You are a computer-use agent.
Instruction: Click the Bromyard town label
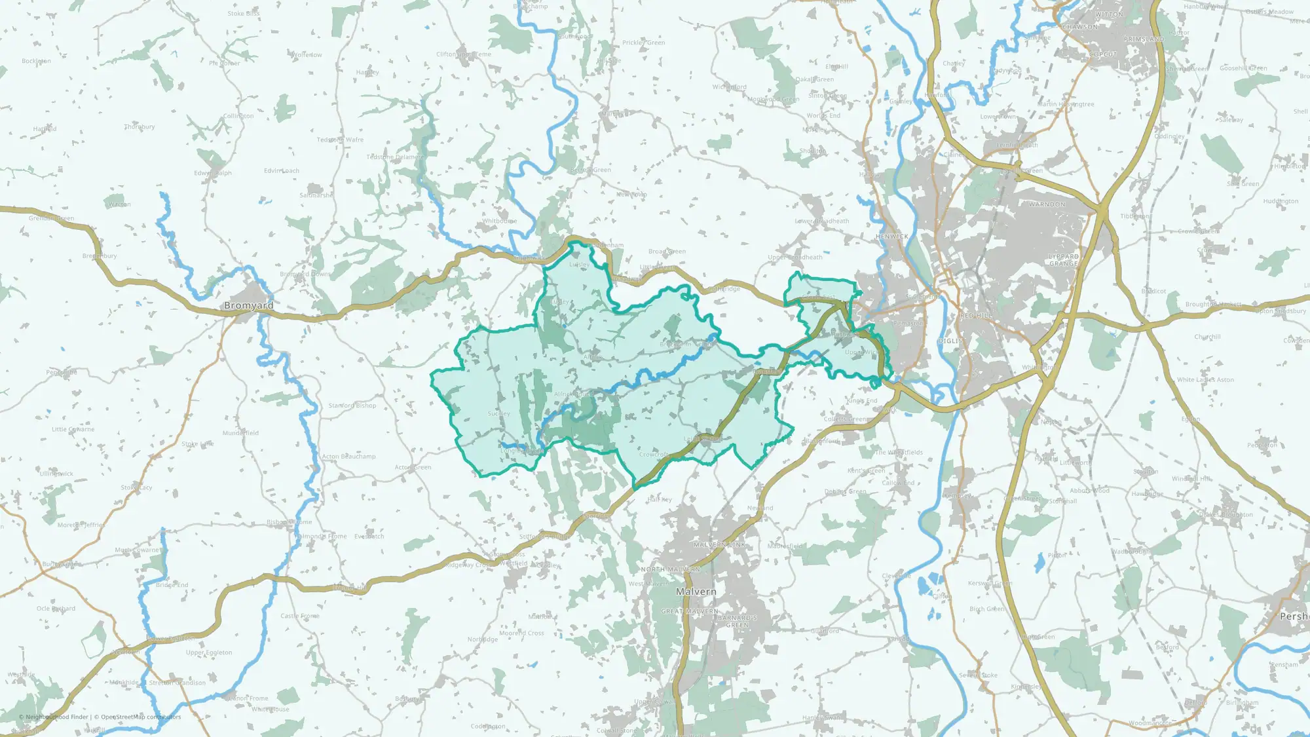(x=249, y=306)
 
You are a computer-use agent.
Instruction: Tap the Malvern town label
(x=696, y=592)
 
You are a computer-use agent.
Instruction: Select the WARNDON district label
(x=1047, y=204)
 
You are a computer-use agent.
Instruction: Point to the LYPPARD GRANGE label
(x=1064, y=260)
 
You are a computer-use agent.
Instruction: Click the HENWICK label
(x=891, y=236)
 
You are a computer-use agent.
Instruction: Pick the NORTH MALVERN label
(x=670, y=569)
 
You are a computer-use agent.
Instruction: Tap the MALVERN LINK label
(x=719, y=544)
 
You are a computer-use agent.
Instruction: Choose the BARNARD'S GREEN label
(x=737, y=621)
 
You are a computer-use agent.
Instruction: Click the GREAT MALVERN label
(x=689, y=611)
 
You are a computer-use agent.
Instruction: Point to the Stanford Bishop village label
(x=352, y=406)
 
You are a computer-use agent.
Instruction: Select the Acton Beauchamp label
(x=348, y=457)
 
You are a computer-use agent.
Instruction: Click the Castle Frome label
(x=300, y=616)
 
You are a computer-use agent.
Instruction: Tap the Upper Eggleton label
(x=209, y=652)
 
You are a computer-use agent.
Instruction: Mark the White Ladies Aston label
(x=1205, y=380)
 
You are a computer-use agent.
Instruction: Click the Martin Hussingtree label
(x=1066, y=104)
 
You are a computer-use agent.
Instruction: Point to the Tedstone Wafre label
(x=340, y=140)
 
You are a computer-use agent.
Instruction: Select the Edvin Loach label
(x=282, y=171)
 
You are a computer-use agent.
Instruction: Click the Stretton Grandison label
(x=177, y=683)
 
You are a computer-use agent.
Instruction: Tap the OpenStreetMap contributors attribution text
(x=141, y=717)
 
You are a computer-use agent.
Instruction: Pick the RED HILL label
(x=976, y=316)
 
